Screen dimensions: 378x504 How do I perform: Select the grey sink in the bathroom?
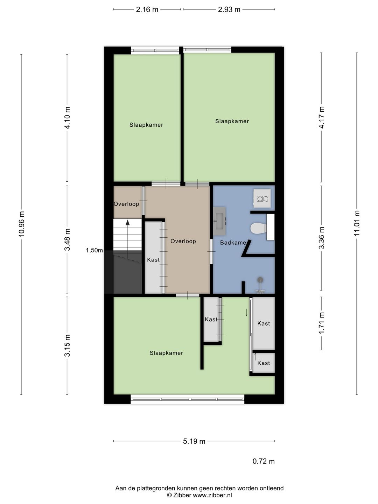[219, 221]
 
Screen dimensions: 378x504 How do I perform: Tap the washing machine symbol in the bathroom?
[262, 198]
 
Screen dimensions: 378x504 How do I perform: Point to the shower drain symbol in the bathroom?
[260, 280]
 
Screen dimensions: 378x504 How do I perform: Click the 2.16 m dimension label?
[147, 9]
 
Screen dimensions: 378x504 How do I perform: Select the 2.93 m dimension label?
[229, 9]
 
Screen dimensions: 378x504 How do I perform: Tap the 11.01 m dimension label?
[357, 223]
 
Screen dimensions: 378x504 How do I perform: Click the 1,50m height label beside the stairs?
[94, 250]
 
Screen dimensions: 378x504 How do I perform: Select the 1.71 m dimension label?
[322, 323]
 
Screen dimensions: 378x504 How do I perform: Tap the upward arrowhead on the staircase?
[127, 222]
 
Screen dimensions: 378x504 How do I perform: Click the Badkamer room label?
[233, 243]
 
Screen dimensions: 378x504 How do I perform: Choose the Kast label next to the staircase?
[153, 260]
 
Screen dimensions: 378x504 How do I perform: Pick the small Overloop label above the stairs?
[126, 204]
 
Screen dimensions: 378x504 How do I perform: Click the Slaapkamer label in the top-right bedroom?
[232, 121]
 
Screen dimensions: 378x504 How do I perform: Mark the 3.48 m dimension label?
[67, 239]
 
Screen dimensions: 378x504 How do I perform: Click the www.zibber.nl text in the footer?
[212, 495]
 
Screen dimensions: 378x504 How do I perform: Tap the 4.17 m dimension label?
[322, 117]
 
